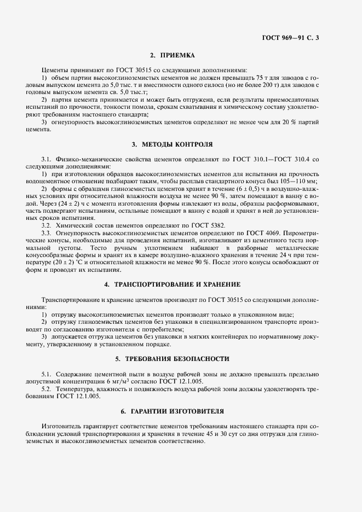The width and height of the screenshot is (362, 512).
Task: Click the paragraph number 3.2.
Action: [48, 225]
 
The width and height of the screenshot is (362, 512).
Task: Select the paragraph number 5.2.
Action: [48, 389]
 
